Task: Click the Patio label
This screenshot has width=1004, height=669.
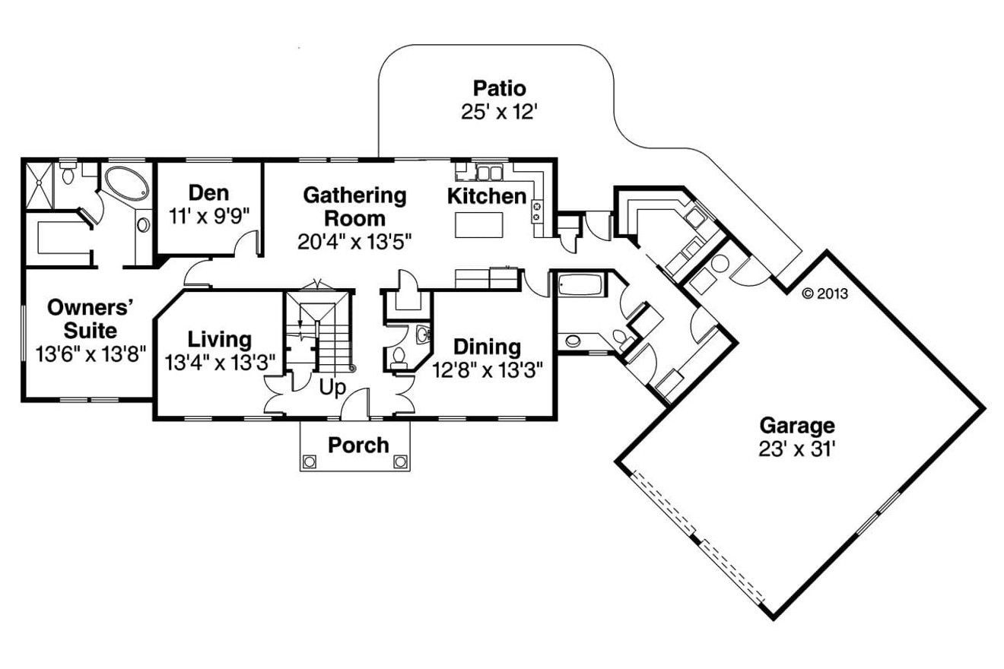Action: pos(499,87)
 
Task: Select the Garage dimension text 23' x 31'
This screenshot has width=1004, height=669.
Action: pos(797,449)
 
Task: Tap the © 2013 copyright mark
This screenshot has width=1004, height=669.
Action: pos(824,293)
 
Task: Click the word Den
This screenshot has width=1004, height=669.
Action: pos(208,192)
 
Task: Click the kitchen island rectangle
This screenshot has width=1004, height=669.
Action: pos(479,225)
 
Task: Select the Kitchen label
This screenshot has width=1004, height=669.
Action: pos(486,196)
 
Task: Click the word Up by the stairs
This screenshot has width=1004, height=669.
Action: pos(332,388)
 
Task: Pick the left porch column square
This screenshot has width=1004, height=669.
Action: pos(310,461)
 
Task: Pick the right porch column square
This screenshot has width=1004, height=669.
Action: pos(400,461)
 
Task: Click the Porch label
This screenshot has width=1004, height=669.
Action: pos(358,445)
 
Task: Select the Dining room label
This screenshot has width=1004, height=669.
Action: pos(487,347)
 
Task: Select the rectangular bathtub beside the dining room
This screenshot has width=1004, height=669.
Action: pos(580,286)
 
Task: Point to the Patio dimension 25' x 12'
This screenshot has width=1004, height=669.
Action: pos(499,113)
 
